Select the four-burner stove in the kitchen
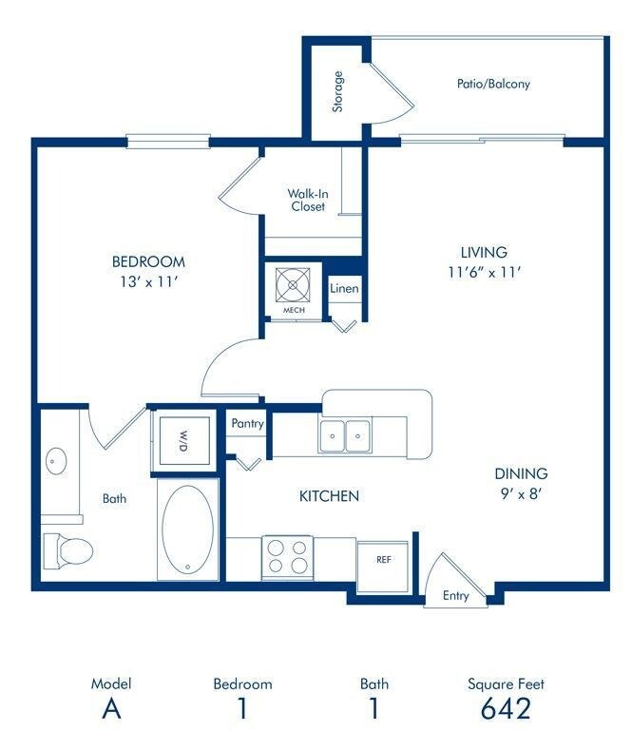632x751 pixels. pyautogui.click(x=288, y=556)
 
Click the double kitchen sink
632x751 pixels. pyautogui.click(x=346, y=436)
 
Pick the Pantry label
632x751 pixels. pyautogui.click(x=246, y=424)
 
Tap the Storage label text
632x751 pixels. pyautogui.click(x=337, y=91)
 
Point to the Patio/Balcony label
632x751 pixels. pyautogui.click(x=492, y=84)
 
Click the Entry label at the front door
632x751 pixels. pyautogui.click(x=456, y=597)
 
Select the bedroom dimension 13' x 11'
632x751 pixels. pyautogui.click(x=148, y=281)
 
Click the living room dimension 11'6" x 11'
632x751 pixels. pyautogui.click(x=484, y=272)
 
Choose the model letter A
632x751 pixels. pyautogui.click(x=110, y=709)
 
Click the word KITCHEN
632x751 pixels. pyautogui.click(x=329, y=495)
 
